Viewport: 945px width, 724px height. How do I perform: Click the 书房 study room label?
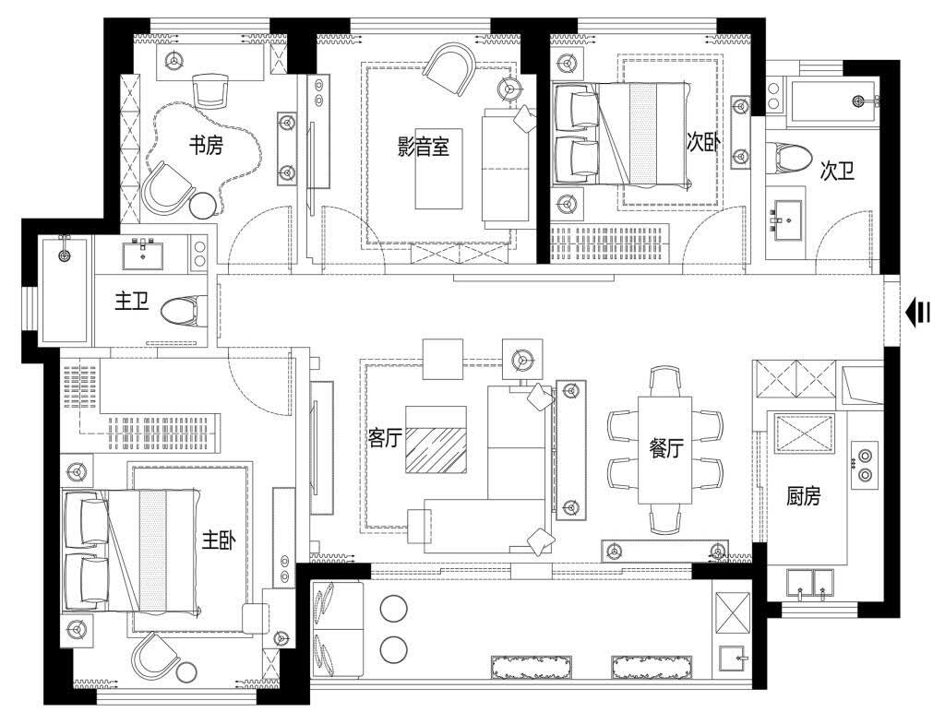206,145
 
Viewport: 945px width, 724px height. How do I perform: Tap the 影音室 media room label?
423,147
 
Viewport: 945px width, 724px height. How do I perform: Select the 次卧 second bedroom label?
703,142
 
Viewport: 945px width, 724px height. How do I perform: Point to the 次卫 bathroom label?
837,172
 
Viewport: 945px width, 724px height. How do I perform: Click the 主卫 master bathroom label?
132,301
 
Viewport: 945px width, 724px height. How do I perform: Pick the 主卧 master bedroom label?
218,540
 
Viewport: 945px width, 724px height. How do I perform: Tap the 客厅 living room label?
385,437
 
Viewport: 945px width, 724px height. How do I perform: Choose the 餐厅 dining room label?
666,448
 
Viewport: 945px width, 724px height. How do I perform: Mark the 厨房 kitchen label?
804,496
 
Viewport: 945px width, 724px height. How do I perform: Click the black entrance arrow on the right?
917,314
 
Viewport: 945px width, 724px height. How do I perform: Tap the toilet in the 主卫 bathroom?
184,312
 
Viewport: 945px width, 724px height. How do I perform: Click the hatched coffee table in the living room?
436,440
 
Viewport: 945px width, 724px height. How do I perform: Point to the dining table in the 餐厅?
664,450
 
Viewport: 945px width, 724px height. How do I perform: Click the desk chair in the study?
211,91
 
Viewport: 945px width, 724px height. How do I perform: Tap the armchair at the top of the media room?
449,70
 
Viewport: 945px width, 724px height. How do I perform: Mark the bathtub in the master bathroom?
65,291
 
